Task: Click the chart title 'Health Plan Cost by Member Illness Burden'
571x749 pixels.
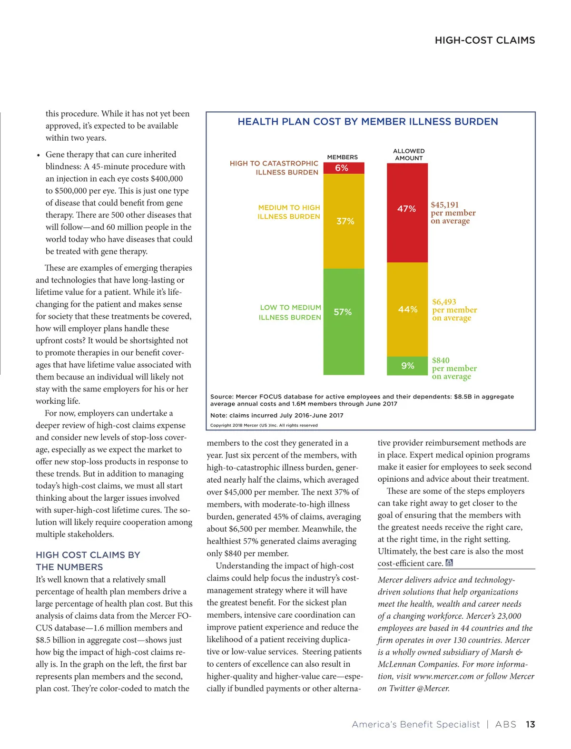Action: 368,122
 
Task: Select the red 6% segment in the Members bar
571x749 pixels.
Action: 344,168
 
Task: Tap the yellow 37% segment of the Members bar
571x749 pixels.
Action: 344,221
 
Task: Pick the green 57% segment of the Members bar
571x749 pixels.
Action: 344,321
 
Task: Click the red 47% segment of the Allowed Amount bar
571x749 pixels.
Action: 407,213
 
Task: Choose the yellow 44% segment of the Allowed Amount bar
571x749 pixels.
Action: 407,309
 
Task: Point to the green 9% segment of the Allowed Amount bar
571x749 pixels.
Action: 407,366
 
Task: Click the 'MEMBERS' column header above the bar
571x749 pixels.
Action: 342,157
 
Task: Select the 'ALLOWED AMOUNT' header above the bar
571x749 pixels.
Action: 409,155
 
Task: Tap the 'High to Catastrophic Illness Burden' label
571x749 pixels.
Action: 274,168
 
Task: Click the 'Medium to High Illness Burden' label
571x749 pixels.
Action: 289,212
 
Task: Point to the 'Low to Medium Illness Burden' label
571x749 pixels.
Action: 290,312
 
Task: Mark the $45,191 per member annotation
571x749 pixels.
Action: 453,213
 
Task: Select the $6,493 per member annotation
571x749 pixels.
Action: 454,310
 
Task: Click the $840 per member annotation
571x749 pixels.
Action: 454,368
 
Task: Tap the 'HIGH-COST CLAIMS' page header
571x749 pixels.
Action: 484,40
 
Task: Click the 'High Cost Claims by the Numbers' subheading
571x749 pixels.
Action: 88,561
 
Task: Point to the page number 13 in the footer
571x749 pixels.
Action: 530,724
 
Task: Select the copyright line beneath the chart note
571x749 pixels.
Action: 264,425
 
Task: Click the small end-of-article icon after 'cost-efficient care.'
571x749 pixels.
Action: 449,563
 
